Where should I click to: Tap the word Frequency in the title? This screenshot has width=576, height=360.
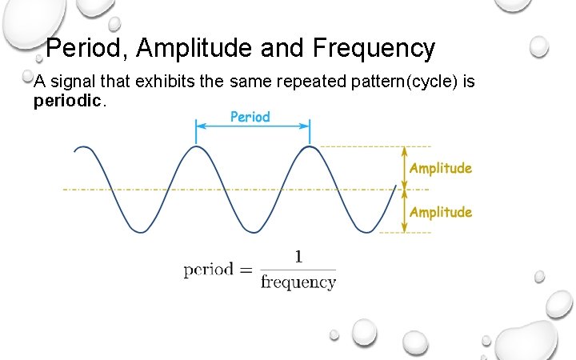coord(374,49)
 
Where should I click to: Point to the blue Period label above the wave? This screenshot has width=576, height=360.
coord(250,117)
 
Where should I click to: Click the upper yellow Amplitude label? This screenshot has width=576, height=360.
coord(441,168)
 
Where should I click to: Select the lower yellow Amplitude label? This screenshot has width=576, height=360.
coord(441,212)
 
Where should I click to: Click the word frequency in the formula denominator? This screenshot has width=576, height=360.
coord(298,282)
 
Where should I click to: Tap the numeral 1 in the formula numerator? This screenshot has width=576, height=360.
coord(298,257)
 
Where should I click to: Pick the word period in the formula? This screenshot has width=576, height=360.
coord(208,270)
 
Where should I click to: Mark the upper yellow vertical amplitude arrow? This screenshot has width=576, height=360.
coord(404,167)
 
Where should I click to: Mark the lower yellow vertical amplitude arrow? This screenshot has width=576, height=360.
coord(404,211)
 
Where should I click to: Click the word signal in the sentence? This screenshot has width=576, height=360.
coord(69,81)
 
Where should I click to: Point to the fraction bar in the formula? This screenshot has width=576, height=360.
coord(298,270)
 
